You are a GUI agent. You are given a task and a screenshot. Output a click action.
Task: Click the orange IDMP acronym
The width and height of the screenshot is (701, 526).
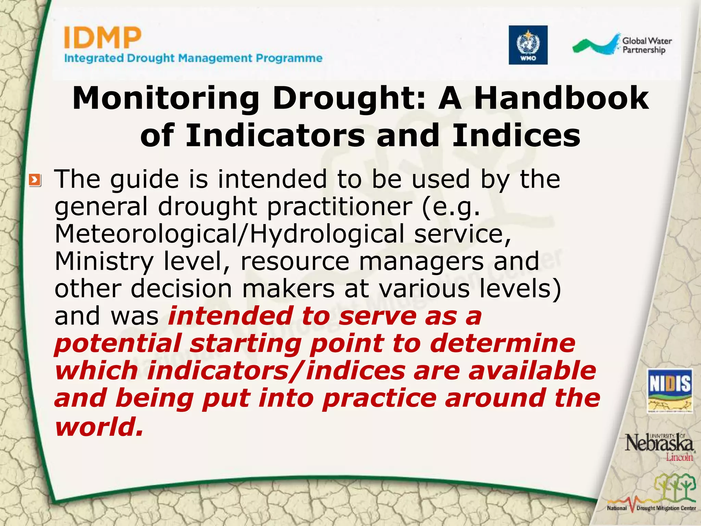click(x=102, y=38)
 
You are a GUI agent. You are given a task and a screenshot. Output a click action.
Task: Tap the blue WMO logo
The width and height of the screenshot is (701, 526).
click(x=528, y=45)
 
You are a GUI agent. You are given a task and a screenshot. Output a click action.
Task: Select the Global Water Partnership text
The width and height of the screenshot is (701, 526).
click(x=647, y=46)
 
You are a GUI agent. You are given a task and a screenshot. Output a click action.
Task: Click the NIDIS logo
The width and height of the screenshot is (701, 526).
click(x=670, y=391)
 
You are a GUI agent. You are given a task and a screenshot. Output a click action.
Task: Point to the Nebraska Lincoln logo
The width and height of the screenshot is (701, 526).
click(x=659, y=447)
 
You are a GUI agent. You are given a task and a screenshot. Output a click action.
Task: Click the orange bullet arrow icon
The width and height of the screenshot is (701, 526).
click(x=35, y=180)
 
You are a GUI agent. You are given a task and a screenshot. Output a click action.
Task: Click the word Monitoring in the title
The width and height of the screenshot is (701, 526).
click(x=166, y=98)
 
